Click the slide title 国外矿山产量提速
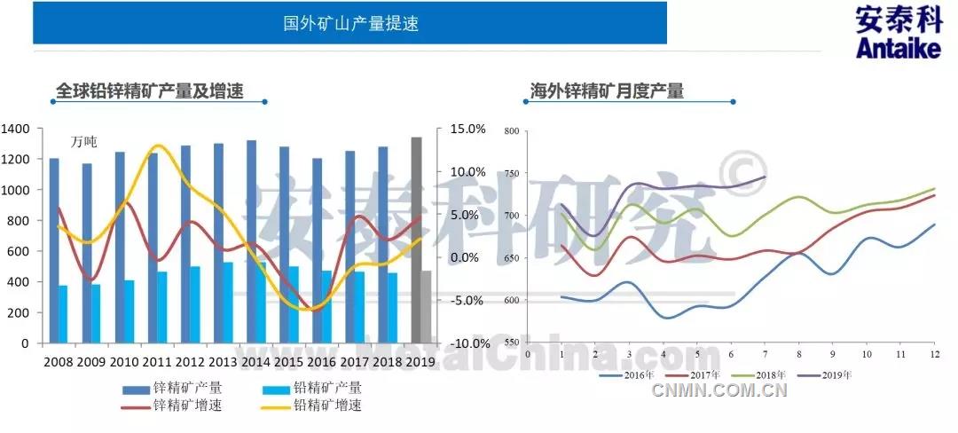coord(350,24)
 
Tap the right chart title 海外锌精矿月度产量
coord(606,91)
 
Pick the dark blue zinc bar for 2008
coord(54,250)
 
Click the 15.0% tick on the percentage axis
coord(468,130)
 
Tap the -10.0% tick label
coord(467,343)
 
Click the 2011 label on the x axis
coord(157,363)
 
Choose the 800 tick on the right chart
coord(510,131)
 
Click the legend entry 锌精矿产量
coord(187,388)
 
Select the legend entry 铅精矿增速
coord(327,405)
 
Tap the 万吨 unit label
coord(84,142)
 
